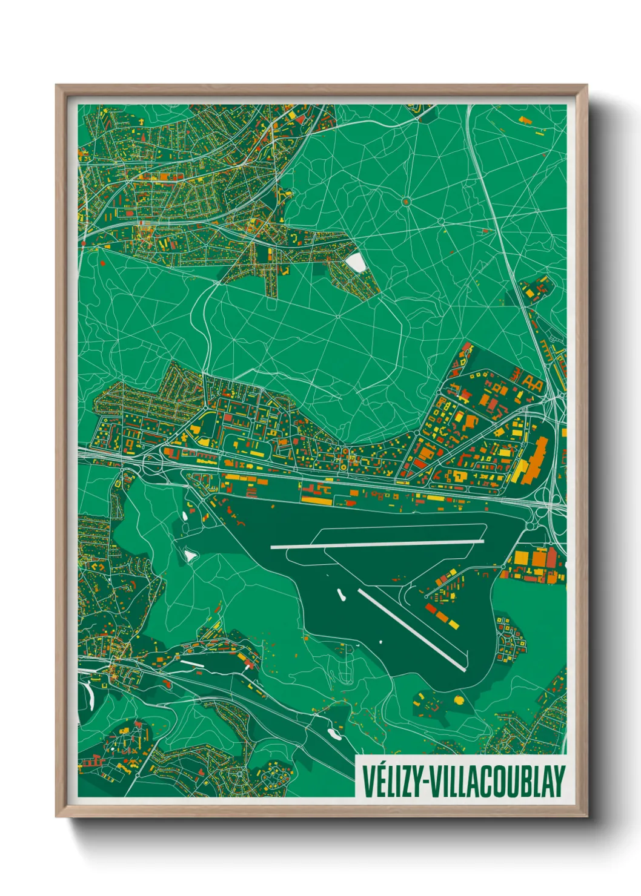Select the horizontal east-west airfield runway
pos(376,545)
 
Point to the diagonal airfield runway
pos(412,630)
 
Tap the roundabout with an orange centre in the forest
pos(406,201)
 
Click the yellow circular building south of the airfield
pos(459,700)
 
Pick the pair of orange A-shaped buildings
pos(532,381)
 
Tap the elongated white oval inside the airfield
pos(341,595)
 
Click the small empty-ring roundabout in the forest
pos(337,315)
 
